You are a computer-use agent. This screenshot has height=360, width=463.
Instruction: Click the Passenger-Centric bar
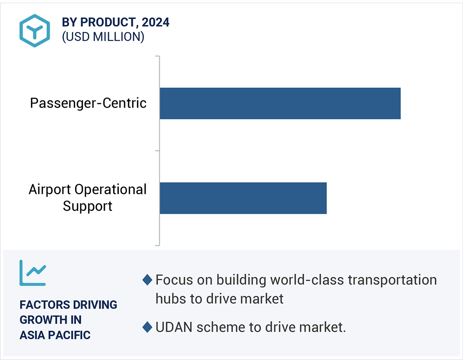(x=280, y=103)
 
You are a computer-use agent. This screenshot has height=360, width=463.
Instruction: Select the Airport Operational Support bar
(x=243, y=198)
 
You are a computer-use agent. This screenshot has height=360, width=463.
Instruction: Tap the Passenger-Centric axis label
(x=88, y=103)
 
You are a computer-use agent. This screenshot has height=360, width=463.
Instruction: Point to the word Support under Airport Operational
(x=87, y=206)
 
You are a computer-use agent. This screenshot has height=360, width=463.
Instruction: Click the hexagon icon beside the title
(x=34, y=30)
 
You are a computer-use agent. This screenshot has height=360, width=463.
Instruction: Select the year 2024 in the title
(x=156, y=23)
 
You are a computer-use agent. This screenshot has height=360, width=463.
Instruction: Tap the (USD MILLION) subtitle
(x=103, y=37)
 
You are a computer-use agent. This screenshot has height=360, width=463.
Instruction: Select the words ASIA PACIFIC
(x=55, y=335)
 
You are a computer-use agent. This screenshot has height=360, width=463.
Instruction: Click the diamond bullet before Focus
(x=147, y=280)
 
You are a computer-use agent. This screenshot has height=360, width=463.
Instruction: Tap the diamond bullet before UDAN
(x=147, y=327)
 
